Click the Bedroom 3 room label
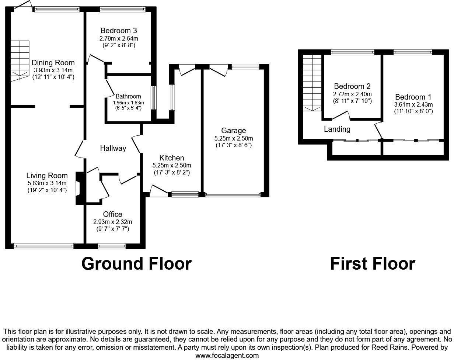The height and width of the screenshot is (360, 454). [x=119, y=31]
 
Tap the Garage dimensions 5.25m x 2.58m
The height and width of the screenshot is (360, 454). [x=233, y=138]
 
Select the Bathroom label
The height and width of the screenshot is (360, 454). [x=128, y=97]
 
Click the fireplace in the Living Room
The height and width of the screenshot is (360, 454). [x=78, y=188]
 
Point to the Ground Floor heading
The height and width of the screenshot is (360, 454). [x=136, y=264]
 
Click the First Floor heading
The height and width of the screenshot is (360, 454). [x=372, y=264]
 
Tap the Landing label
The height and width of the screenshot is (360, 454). [x=337, y=129]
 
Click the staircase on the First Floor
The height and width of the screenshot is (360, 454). [x=313, y=83]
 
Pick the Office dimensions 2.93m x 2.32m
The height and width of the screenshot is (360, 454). [x=112, y=222]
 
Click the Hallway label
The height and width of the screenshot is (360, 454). [x=113, y=148]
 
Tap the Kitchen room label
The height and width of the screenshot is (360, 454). [x=171, y=158]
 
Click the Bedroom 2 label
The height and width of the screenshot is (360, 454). [x=352, y=87]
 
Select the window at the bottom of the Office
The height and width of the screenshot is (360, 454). [x=112, y=245]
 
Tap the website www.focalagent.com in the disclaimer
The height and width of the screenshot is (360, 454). [x=227, y=356]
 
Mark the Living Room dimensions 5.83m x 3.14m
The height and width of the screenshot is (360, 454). [x=47, y=183]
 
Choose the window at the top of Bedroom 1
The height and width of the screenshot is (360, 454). [x=412, y=52]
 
